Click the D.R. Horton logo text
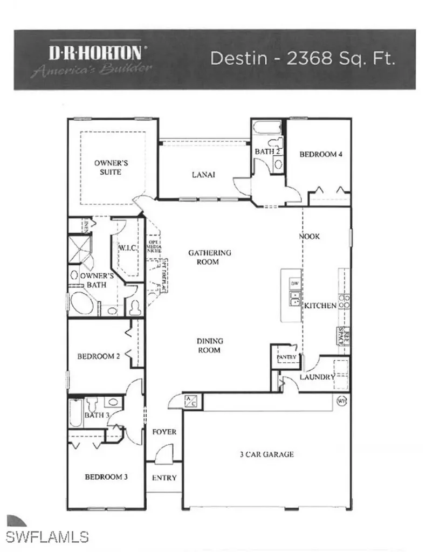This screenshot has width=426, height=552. click(x=95, y=53)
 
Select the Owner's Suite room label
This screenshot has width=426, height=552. click(x=107, y=167)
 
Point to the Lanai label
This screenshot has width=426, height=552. click(x=204, y=175)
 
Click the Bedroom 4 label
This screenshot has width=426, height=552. click(x=321, y=154)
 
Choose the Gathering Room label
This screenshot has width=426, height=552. click(x=210, y=257)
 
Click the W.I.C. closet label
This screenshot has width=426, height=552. click(x=128, y=248)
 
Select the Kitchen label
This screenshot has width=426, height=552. click(x=320, y=306)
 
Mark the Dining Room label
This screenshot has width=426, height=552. click(x=209, y=346)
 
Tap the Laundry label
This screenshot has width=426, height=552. click(x=319, y=377)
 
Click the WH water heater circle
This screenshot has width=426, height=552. click(x=341, y=401)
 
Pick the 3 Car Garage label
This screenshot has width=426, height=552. click(x=267, y=454)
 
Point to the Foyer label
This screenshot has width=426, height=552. click(x=164, y=432)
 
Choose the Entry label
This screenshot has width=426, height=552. click(x=164, y=478)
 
